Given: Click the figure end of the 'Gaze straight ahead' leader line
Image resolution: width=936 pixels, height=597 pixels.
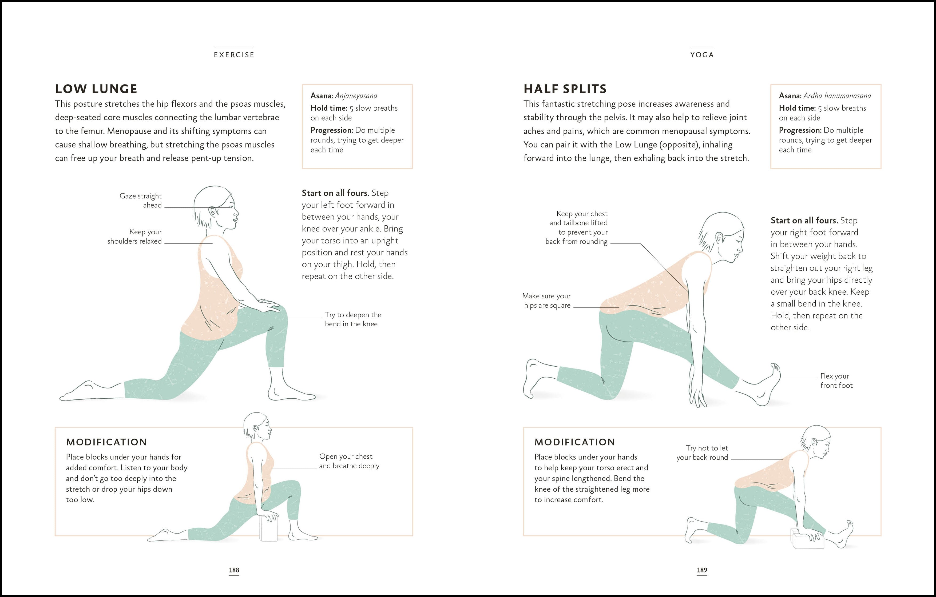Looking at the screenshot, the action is coord(231,207).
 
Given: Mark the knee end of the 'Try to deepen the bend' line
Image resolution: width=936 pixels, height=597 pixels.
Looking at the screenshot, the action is coord(288,317).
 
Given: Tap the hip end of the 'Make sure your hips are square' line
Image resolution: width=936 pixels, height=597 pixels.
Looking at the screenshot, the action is coord(619,307).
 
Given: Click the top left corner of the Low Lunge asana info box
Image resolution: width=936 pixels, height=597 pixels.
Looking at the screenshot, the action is coord(302,85).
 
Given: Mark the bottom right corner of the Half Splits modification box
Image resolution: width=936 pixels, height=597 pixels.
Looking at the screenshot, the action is coord(881,536).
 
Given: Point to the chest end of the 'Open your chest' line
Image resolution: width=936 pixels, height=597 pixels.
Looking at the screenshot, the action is coord(272,468).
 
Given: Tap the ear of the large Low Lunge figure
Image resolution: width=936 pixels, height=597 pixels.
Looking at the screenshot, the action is coord(213,212).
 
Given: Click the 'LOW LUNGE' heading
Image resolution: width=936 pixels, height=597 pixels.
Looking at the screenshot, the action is coord(96,89).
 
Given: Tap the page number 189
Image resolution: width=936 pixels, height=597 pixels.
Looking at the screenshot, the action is coord(702,570).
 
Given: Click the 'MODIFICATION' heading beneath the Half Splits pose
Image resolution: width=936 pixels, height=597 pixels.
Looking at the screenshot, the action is coord(574,442).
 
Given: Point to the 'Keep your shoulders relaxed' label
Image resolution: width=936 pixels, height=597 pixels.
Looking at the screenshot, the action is coord(134,237).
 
